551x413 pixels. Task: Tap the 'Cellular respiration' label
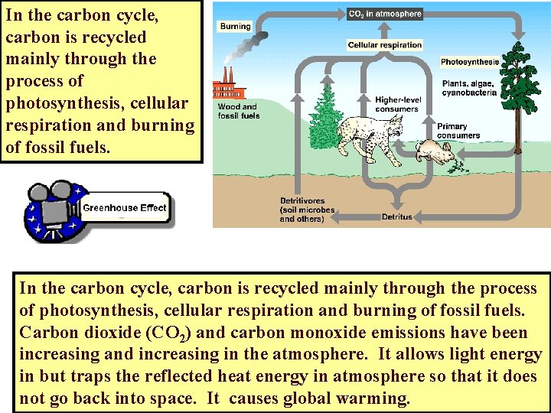click(x=385, y=45)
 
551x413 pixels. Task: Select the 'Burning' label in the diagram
click(x=235, y=26)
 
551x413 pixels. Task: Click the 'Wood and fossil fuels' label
click(x=239, y=112)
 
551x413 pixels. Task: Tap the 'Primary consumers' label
click(x=458, y=132)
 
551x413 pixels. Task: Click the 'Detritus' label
click(x=396, y=216)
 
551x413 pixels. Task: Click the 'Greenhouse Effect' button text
click(x=124, y=208)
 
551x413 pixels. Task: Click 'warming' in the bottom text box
click(x=376, y=398)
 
